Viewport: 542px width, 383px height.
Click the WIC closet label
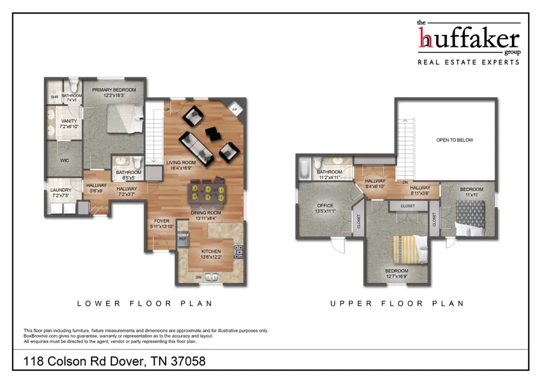pos(66,161)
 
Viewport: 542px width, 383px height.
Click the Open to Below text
pos(455,140)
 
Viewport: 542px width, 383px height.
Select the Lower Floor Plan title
pos(145,304)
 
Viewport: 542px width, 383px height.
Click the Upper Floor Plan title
pos(397,304)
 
